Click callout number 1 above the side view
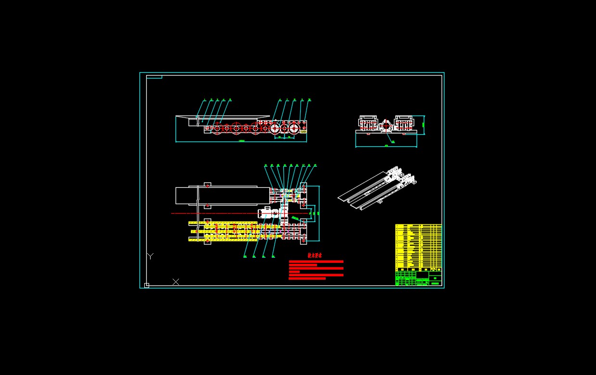(x=204, y=100)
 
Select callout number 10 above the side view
(x=309, y=100)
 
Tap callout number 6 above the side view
(x=280, y=100)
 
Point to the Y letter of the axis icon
(x=150, y=256)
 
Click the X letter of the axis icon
(x=176, y=282)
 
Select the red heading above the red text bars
(x=315, y=256)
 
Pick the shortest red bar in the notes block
(x=294, y=272)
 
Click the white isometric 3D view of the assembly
(x=378, y=188)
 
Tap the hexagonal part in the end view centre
(x=386, y=126)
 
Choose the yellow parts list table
(x=418, y=247)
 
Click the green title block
(x=418, y=279)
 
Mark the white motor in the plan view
(x=266, y=212)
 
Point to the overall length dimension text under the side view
(x=241, y=141)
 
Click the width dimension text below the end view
(x=386, y=145)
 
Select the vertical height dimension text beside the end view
(x=423, y=124)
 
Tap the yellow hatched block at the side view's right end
(x=303, y=131)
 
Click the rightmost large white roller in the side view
(x=293, y=129)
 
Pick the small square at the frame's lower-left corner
(x=147, y=285)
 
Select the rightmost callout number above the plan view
(x=315, y=165)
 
